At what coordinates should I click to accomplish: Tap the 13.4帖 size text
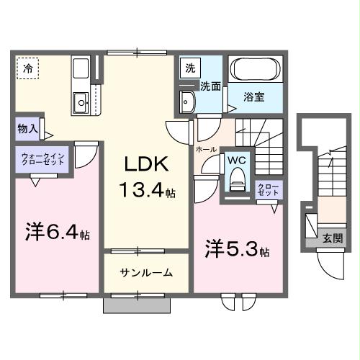[148, 192]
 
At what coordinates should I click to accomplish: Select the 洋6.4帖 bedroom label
[58, 234]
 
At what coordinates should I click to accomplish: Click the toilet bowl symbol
[235, 181]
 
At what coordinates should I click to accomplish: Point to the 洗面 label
[211, 86]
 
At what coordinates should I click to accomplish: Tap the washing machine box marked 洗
[190, 69]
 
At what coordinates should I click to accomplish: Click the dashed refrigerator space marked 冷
[28, 69]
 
